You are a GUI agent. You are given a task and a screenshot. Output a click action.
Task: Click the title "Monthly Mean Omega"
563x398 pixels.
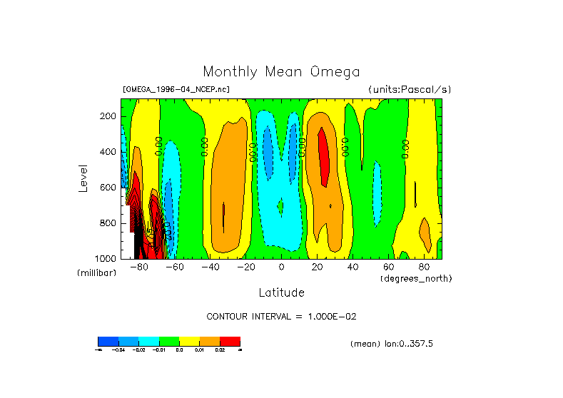[x=281, y=71]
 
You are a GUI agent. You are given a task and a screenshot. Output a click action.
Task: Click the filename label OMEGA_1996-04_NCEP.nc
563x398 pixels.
[x=176, y=90]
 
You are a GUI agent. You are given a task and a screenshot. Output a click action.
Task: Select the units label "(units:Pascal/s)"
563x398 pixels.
[x=410, y=90]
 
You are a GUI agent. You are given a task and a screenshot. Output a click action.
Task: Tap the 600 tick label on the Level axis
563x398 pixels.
[x=109, y=188]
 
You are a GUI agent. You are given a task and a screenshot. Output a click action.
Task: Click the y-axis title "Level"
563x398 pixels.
[x=83, y=178]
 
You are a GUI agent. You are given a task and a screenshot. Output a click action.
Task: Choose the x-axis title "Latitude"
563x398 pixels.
[x=281, y=292]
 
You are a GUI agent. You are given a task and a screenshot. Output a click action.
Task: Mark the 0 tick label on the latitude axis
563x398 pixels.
[x=281, y=267]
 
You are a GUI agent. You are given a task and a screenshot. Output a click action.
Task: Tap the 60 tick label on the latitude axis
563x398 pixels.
[x=388, y=267]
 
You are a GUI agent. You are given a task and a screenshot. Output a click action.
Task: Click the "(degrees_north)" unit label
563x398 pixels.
[x=416, y=278]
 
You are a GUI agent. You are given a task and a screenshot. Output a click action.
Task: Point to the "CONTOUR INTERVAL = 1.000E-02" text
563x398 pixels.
[x=281, y=316]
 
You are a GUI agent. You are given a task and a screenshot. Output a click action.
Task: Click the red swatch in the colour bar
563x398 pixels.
[x=230, y=341]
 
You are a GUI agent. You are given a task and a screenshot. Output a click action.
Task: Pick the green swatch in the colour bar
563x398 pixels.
[x=168, y=341]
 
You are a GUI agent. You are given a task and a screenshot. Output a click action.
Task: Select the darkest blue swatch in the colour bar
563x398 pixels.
[x=107, y=341]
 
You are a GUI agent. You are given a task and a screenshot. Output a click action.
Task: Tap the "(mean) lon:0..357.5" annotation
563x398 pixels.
[x=392, y=344]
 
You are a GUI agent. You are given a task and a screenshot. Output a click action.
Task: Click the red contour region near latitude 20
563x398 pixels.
[x=323, y=157]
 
